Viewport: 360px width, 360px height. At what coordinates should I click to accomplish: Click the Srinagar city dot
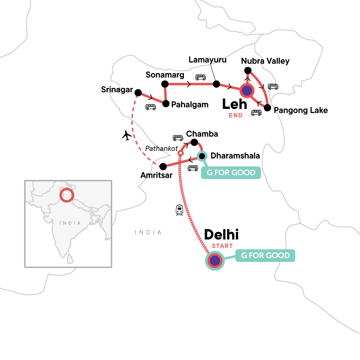click(x=138, y=92)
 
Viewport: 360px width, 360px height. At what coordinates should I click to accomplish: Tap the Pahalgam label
click(x=190, y=105)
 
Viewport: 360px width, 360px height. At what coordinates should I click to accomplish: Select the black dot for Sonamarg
click(x=165, y=84)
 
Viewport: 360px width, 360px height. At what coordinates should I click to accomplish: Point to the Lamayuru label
click(x=207, y=60)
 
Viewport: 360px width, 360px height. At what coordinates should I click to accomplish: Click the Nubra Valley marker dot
click(x=247, y=70)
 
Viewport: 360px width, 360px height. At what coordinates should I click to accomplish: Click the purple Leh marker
click(x=247, y=90)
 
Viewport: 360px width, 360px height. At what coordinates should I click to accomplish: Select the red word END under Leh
click(x=235, y=115)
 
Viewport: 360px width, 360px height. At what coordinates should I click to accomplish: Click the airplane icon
click(x=127, y=136)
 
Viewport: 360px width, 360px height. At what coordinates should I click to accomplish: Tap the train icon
click(x=179, y=210)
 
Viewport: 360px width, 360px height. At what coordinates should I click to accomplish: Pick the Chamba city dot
click(x=194, y=142)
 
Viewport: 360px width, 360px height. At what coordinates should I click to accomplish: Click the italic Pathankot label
click(x=161, y=148)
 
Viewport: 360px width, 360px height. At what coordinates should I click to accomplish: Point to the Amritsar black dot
click(x=163, y=166)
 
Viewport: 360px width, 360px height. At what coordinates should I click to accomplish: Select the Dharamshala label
click(x=235, y=156)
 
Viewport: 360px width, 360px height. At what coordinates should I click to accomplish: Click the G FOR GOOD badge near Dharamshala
click(x=231, y=173)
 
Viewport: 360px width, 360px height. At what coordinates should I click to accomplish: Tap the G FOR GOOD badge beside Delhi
click(x=265, y=256)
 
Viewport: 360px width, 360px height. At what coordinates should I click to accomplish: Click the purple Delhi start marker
click(x=215, y=261)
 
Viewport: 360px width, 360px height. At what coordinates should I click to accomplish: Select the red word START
click(x=222, y=246)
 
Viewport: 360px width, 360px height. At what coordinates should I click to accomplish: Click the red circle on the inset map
click(x=67, y=195)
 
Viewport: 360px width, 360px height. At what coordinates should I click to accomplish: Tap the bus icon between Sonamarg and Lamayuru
click(x=200, y=77)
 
